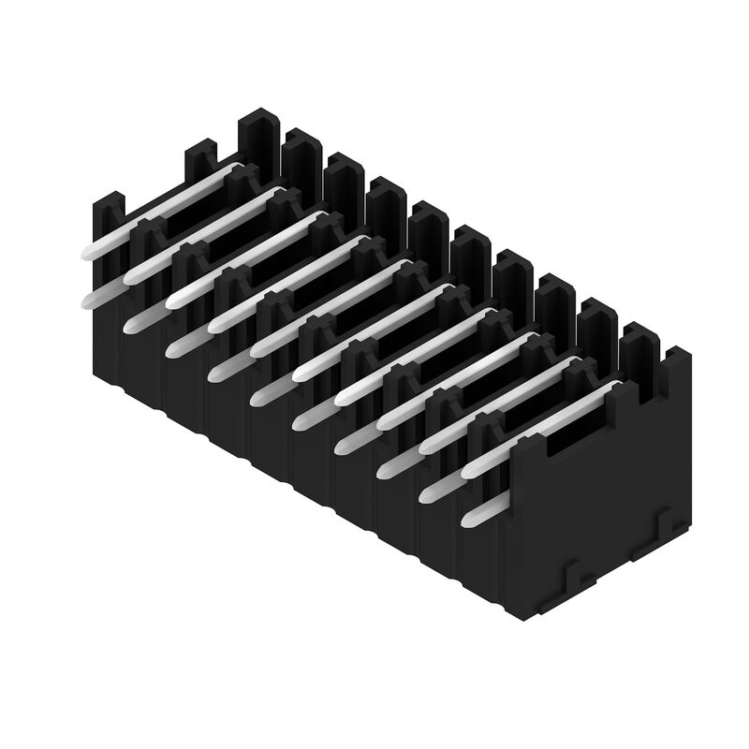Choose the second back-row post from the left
coord(301,159)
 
